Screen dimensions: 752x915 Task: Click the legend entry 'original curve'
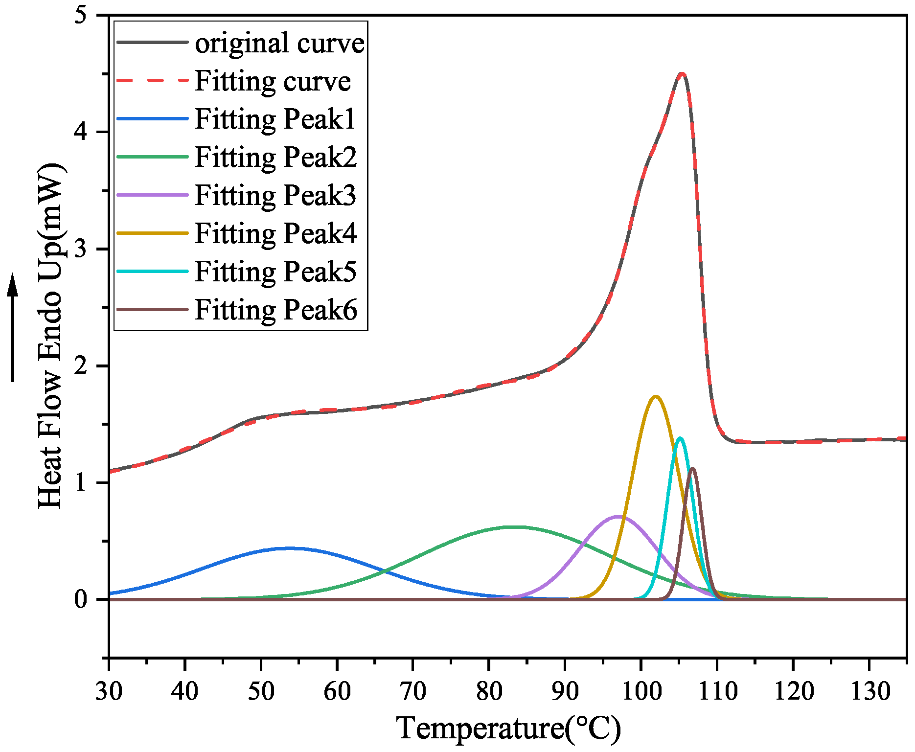pos(279,43)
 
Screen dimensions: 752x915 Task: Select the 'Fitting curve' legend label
pos(273,81)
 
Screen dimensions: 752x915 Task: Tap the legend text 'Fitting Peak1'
pos(275,119)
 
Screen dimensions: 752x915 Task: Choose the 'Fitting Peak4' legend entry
pos(276,233)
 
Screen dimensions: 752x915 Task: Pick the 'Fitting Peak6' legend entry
pos(276,310)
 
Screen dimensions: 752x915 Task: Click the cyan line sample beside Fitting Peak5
pos(152,271)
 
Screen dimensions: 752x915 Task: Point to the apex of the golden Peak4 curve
pos(656,396)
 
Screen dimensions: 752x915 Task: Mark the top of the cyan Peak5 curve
pos(680,438)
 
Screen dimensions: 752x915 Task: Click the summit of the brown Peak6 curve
pos(692,468)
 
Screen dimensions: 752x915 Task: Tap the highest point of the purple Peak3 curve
pos(618,516)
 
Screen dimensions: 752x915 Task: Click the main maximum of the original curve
pos(682,74)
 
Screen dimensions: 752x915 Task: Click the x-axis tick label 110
pos(717,691)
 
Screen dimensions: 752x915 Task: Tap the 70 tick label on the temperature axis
pos(413,691)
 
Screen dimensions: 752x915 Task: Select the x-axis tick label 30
pos(109,691)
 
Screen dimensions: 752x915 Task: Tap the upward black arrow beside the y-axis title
pos(13,328)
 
